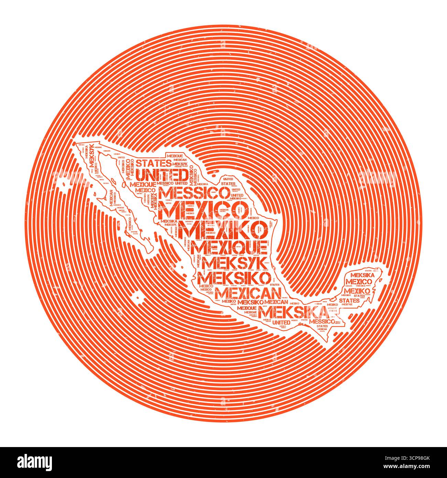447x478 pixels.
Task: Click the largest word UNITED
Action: pos(161,175)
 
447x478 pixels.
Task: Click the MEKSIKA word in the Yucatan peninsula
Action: pos(360,275)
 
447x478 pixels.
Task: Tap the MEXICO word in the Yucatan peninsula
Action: pos(359,282)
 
